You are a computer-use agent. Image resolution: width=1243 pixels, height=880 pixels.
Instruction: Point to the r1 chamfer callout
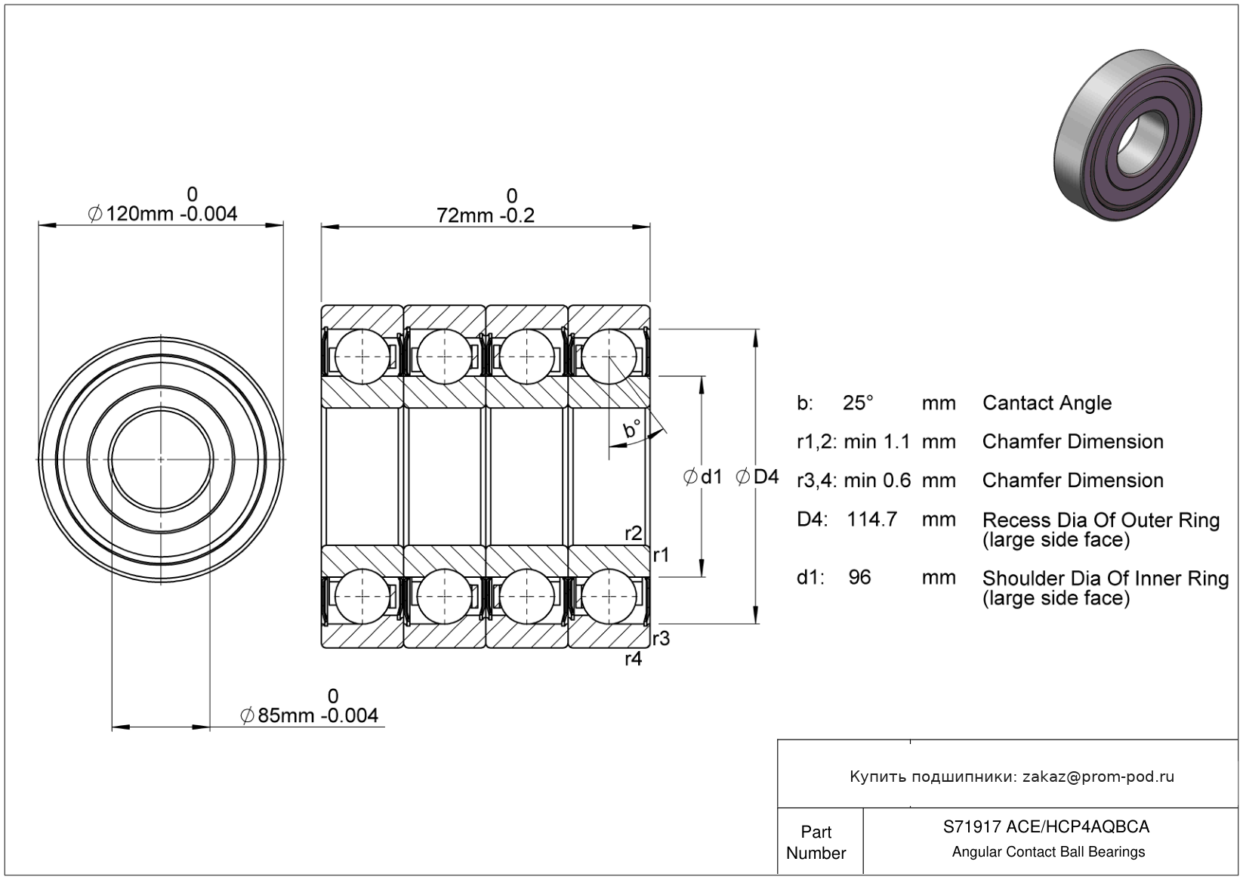point(662,554)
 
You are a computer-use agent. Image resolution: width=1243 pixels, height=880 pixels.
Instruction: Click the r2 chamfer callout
point(633,533)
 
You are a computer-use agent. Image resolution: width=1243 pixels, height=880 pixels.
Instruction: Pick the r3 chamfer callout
point(662,638)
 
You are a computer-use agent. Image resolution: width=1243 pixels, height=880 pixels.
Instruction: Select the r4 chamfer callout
point(633,659)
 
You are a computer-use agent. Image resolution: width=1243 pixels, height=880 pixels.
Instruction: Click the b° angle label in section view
point(632,428)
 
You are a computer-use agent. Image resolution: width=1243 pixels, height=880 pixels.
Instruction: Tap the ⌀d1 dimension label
point(703,477)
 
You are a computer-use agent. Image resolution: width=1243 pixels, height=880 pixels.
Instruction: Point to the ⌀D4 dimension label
point(757,477)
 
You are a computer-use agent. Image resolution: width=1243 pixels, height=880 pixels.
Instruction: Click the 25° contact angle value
point(858,403)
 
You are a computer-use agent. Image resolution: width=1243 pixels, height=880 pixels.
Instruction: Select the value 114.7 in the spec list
point(871,519)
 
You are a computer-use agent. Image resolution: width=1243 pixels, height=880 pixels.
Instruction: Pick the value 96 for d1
point(859,577)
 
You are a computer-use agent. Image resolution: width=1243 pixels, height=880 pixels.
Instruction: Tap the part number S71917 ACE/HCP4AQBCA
point(1047,826)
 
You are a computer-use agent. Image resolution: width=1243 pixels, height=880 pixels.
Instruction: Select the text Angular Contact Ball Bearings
point(1049,852)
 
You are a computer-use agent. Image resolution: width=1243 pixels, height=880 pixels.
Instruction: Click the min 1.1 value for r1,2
point(878,441)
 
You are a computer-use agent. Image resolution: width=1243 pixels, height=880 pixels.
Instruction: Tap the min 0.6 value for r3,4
point(878,480)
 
